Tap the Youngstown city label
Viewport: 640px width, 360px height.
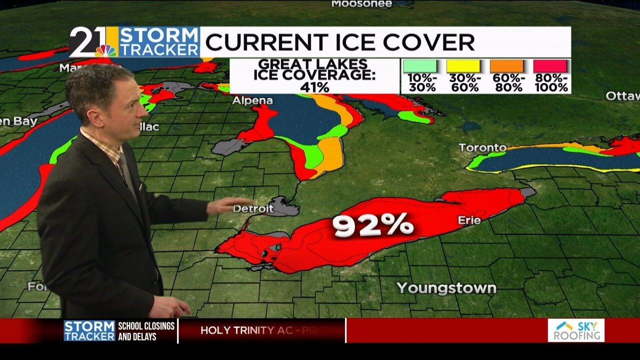click(446, 288)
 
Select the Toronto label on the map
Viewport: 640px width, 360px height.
click(482, 147)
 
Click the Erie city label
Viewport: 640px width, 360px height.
click(469, 220)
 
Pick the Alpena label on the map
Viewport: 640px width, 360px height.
click(252, 100)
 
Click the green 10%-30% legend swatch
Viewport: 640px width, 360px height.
click(420, 66)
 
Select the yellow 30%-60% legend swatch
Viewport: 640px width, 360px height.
click(463, 66)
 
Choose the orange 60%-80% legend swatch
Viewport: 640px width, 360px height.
click(506, 66)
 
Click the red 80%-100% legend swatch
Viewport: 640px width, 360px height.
click(550, 66)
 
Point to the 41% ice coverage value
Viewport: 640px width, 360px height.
click(314, 86)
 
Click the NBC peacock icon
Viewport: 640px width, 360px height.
click(106, 50)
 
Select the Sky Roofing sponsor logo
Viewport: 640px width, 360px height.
click(576, 330)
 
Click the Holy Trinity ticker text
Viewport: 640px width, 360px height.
click(260, 330)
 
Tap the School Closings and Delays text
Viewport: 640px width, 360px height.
click(146, 331)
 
